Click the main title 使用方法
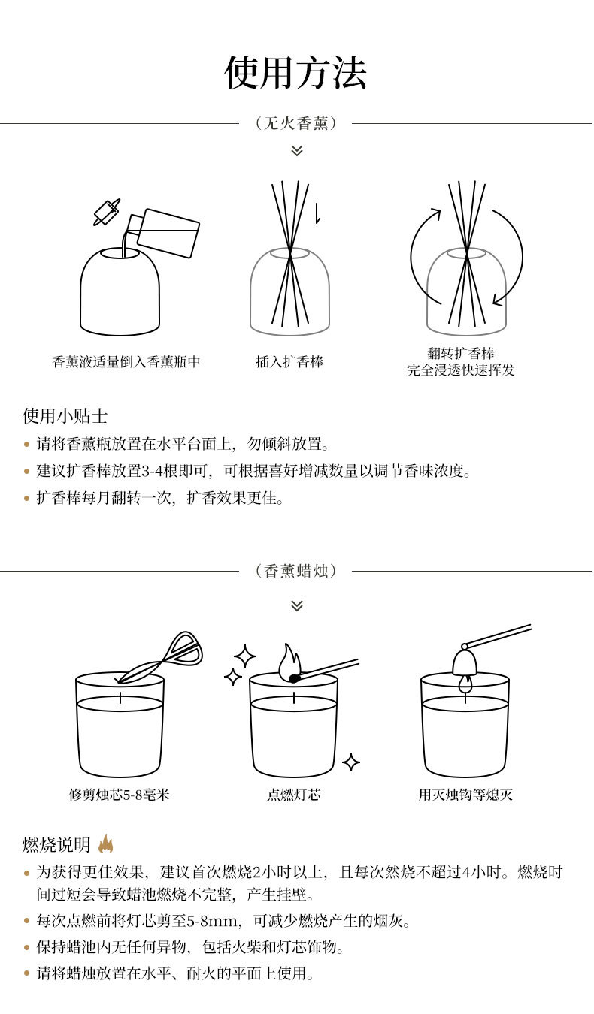pos(295,73)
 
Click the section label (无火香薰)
pos(295,123)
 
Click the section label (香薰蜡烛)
pos(295,572)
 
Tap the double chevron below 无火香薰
pos(297,150)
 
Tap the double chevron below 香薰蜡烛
pos(297,605)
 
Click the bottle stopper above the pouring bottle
pos(107,211)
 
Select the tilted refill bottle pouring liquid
pos(162,232)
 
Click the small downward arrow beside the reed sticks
pos(317,213)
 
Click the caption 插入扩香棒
pos(289,362)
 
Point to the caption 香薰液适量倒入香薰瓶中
pos(126,362)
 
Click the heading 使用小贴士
pos(65,416)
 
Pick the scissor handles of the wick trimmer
pos(184,647)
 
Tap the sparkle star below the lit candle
pos(351,763)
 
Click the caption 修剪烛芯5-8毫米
pos(119,795)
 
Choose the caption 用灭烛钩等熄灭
pos(465,795)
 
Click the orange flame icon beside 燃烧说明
pos(105,843)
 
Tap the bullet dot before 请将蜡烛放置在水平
pos(27,973)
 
